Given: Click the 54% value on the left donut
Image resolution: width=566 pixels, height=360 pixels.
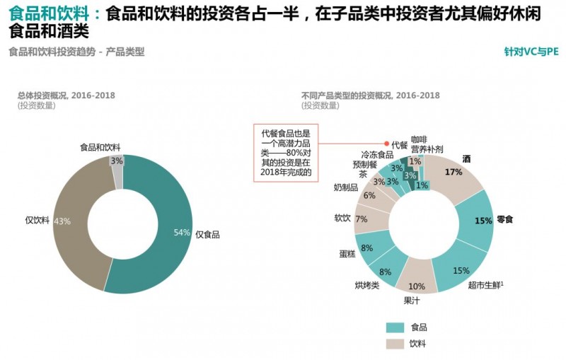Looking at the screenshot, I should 182,233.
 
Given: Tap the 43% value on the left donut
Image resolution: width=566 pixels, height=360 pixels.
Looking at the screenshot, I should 62,221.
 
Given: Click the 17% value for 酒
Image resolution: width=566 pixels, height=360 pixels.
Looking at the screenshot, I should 454,172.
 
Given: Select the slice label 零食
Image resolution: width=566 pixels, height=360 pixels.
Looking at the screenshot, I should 504,220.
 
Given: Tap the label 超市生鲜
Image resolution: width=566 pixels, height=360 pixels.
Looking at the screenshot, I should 484,285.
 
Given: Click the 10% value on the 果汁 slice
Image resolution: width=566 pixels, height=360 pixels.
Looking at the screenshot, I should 417,286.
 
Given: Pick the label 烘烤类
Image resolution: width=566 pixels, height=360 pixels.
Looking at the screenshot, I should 366,286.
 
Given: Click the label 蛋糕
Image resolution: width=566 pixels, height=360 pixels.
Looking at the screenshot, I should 347,253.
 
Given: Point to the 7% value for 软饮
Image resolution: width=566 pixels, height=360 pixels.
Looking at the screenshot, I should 361,219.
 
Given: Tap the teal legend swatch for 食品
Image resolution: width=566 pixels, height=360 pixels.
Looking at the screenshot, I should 394,327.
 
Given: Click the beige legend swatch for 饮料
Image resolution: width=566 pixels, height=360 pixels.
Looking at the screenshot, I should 394,344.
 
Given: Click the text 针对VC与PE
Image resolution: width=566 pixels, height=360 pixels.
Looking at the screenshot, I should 531,52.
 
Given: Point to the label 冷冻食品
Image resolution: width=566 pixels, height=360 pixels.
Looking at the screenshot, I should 376,154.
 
